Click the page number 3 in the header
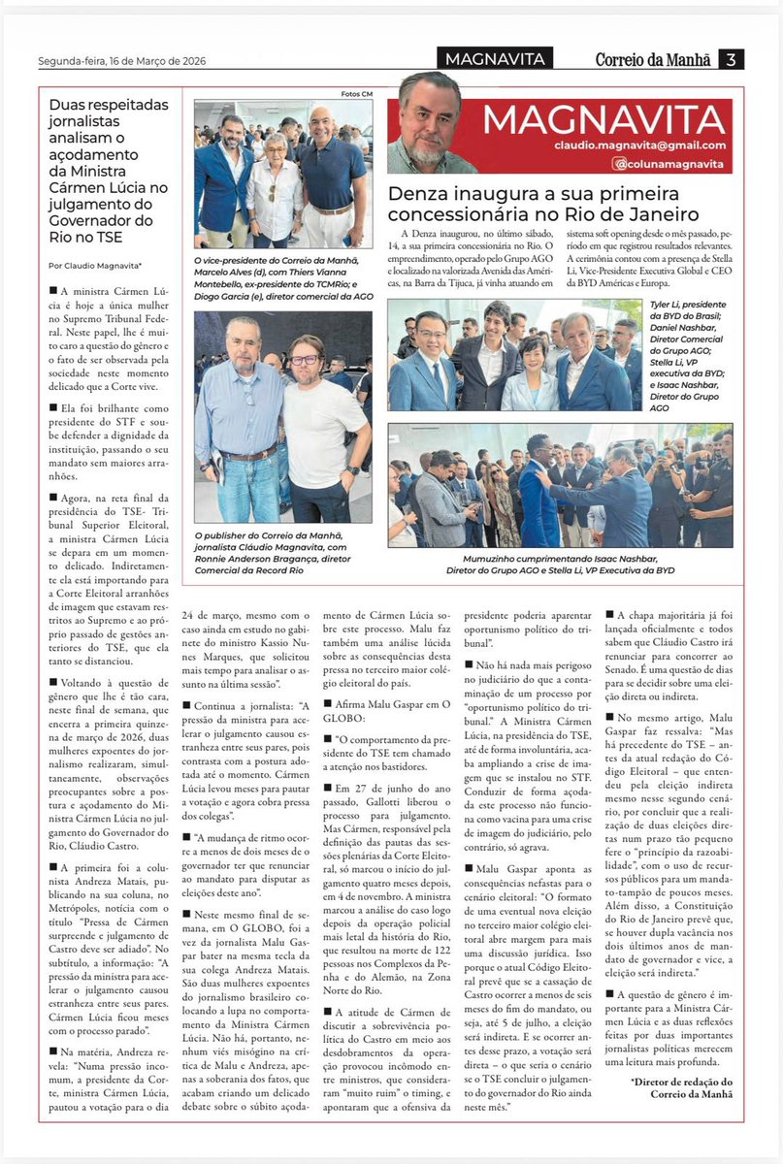[x=732, y=59]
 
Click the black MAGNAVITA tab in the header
[x=495, y=59]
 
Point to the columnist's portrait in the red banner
[x=430, y=122]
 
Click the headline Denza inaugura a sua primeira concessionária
[x=545, y=203]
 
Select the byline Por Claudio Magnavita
[x=95, y=265]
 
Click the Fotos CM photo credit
[x=356, y=94]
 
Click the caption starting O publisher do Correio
[x=282, y=551]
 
